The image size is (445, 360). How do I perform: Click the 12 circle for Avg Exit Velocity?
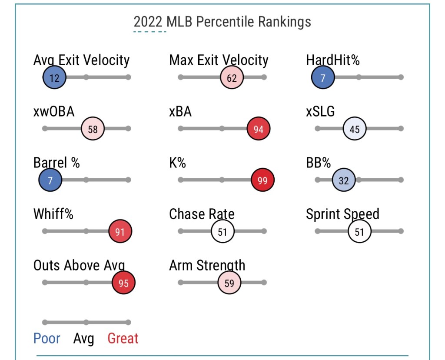(x=54, y=78)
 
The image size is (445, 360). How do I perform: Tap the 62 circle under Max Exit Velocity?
(x=232, y=78)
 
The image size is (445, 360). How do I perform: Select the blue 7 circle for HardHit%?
(x=323, y=78)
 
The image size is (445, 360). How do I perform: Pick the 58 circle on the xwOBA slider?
(x=93, y=129)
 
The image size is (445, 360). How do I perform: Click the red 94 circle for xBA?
(x=259, y=129)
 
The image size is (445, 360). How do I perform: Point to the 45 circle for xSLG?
(x=355, y=129)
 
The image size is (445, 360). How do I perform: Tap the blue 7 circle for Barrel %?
(x=50, y=180)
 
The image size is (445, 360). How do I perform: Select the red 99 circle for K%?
(x=262, y=180)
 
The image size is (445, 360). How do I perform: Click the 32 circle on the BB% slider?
(x=344, y=180)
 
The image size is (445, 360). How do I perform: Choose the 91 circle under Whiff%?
(x=120, y=231)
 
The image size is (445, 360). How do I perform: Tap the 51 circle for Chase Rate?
(x=222, y=231)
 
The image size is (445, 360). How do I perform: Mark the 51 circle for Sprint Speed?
(x=359, y=231)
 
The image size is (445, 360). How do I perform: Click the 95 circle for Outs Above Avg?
(x=124, y=283)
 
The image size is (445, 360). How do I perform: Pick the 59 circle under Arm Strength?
(x=229, y=283)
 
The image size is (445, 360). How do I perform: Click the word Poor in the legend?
(x=47, y=338)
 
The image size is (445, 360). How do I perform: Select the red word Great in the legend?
(x=123, y=338)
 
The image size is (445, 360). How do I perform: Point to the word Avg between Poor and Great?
(x=84, y=338)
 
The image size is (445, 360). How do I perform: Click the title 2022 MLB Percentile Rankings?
(x=222, y=22)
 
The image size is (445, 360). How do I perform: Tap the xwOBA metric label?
(x=54, y=112)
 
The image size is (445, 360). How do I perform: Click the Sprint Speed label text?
(x=342, y=214)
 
